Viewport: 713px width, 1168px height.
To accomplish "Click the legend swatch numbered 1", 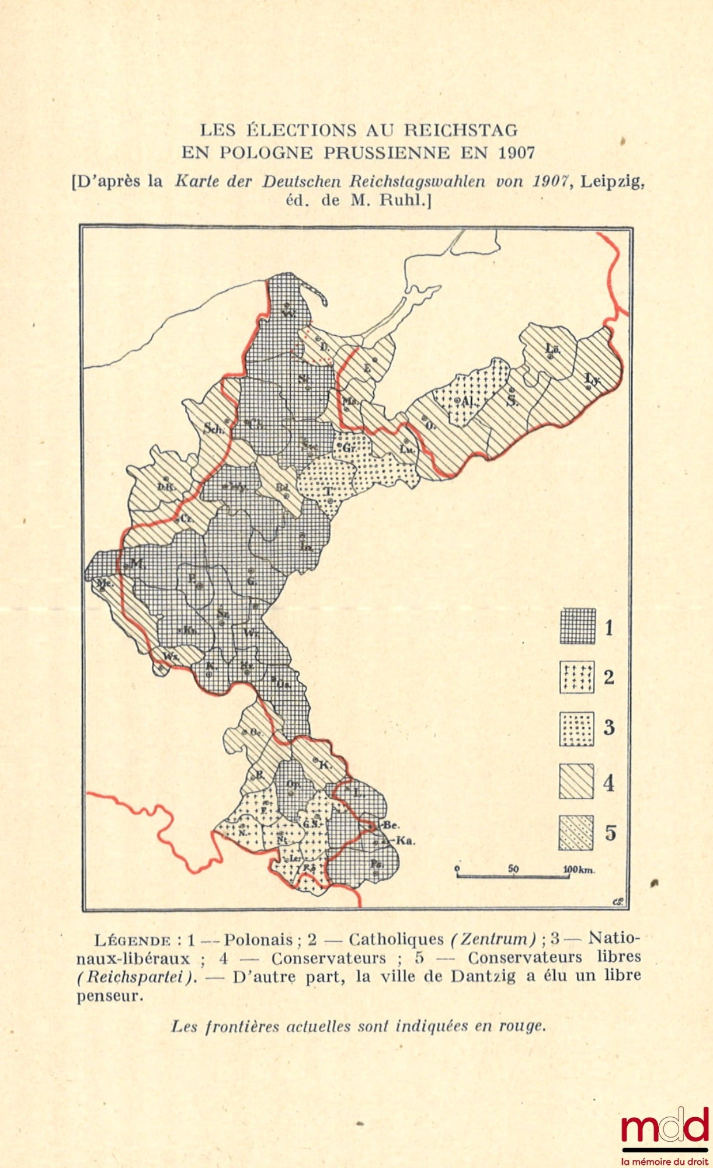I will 578,626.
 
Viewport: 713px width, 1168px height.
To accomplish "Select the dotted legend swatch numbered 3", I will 577,728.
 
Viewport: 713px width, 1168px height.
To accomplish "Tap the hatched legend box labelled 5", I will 576,833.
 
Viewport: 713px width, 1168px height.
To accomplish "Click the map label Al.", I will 467,402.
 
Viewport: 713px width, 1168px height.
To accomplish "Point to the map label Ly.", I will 592,380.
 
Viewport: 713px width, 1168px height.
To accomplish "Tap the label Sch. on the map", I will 214,428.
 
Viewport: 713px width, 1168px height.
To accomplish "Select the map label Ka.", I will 405,841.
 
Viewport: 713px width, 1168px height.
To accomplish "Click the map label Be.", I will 391,825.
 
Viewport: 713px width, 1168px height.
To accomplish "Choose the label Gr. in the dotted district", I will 349,448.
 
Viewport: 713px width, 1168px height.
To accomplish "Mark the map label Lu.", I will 406,449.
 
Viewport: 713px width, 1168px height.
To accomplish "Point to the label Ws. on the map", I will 170,656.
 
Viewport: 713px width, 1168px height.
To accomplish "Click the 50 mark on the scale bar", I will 513,868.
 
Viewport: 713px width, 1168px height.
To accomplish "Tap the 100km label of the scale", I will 579,870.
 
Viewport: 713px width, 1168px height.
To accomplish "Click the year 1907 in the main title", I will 517,153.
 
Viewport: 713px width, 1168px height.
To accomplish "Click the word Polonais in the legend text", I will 258,940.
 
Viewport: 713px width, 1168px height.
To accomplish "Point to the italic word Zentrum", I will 493,940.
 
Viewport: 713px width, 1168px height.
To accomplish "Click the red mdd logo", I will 664,1128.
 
